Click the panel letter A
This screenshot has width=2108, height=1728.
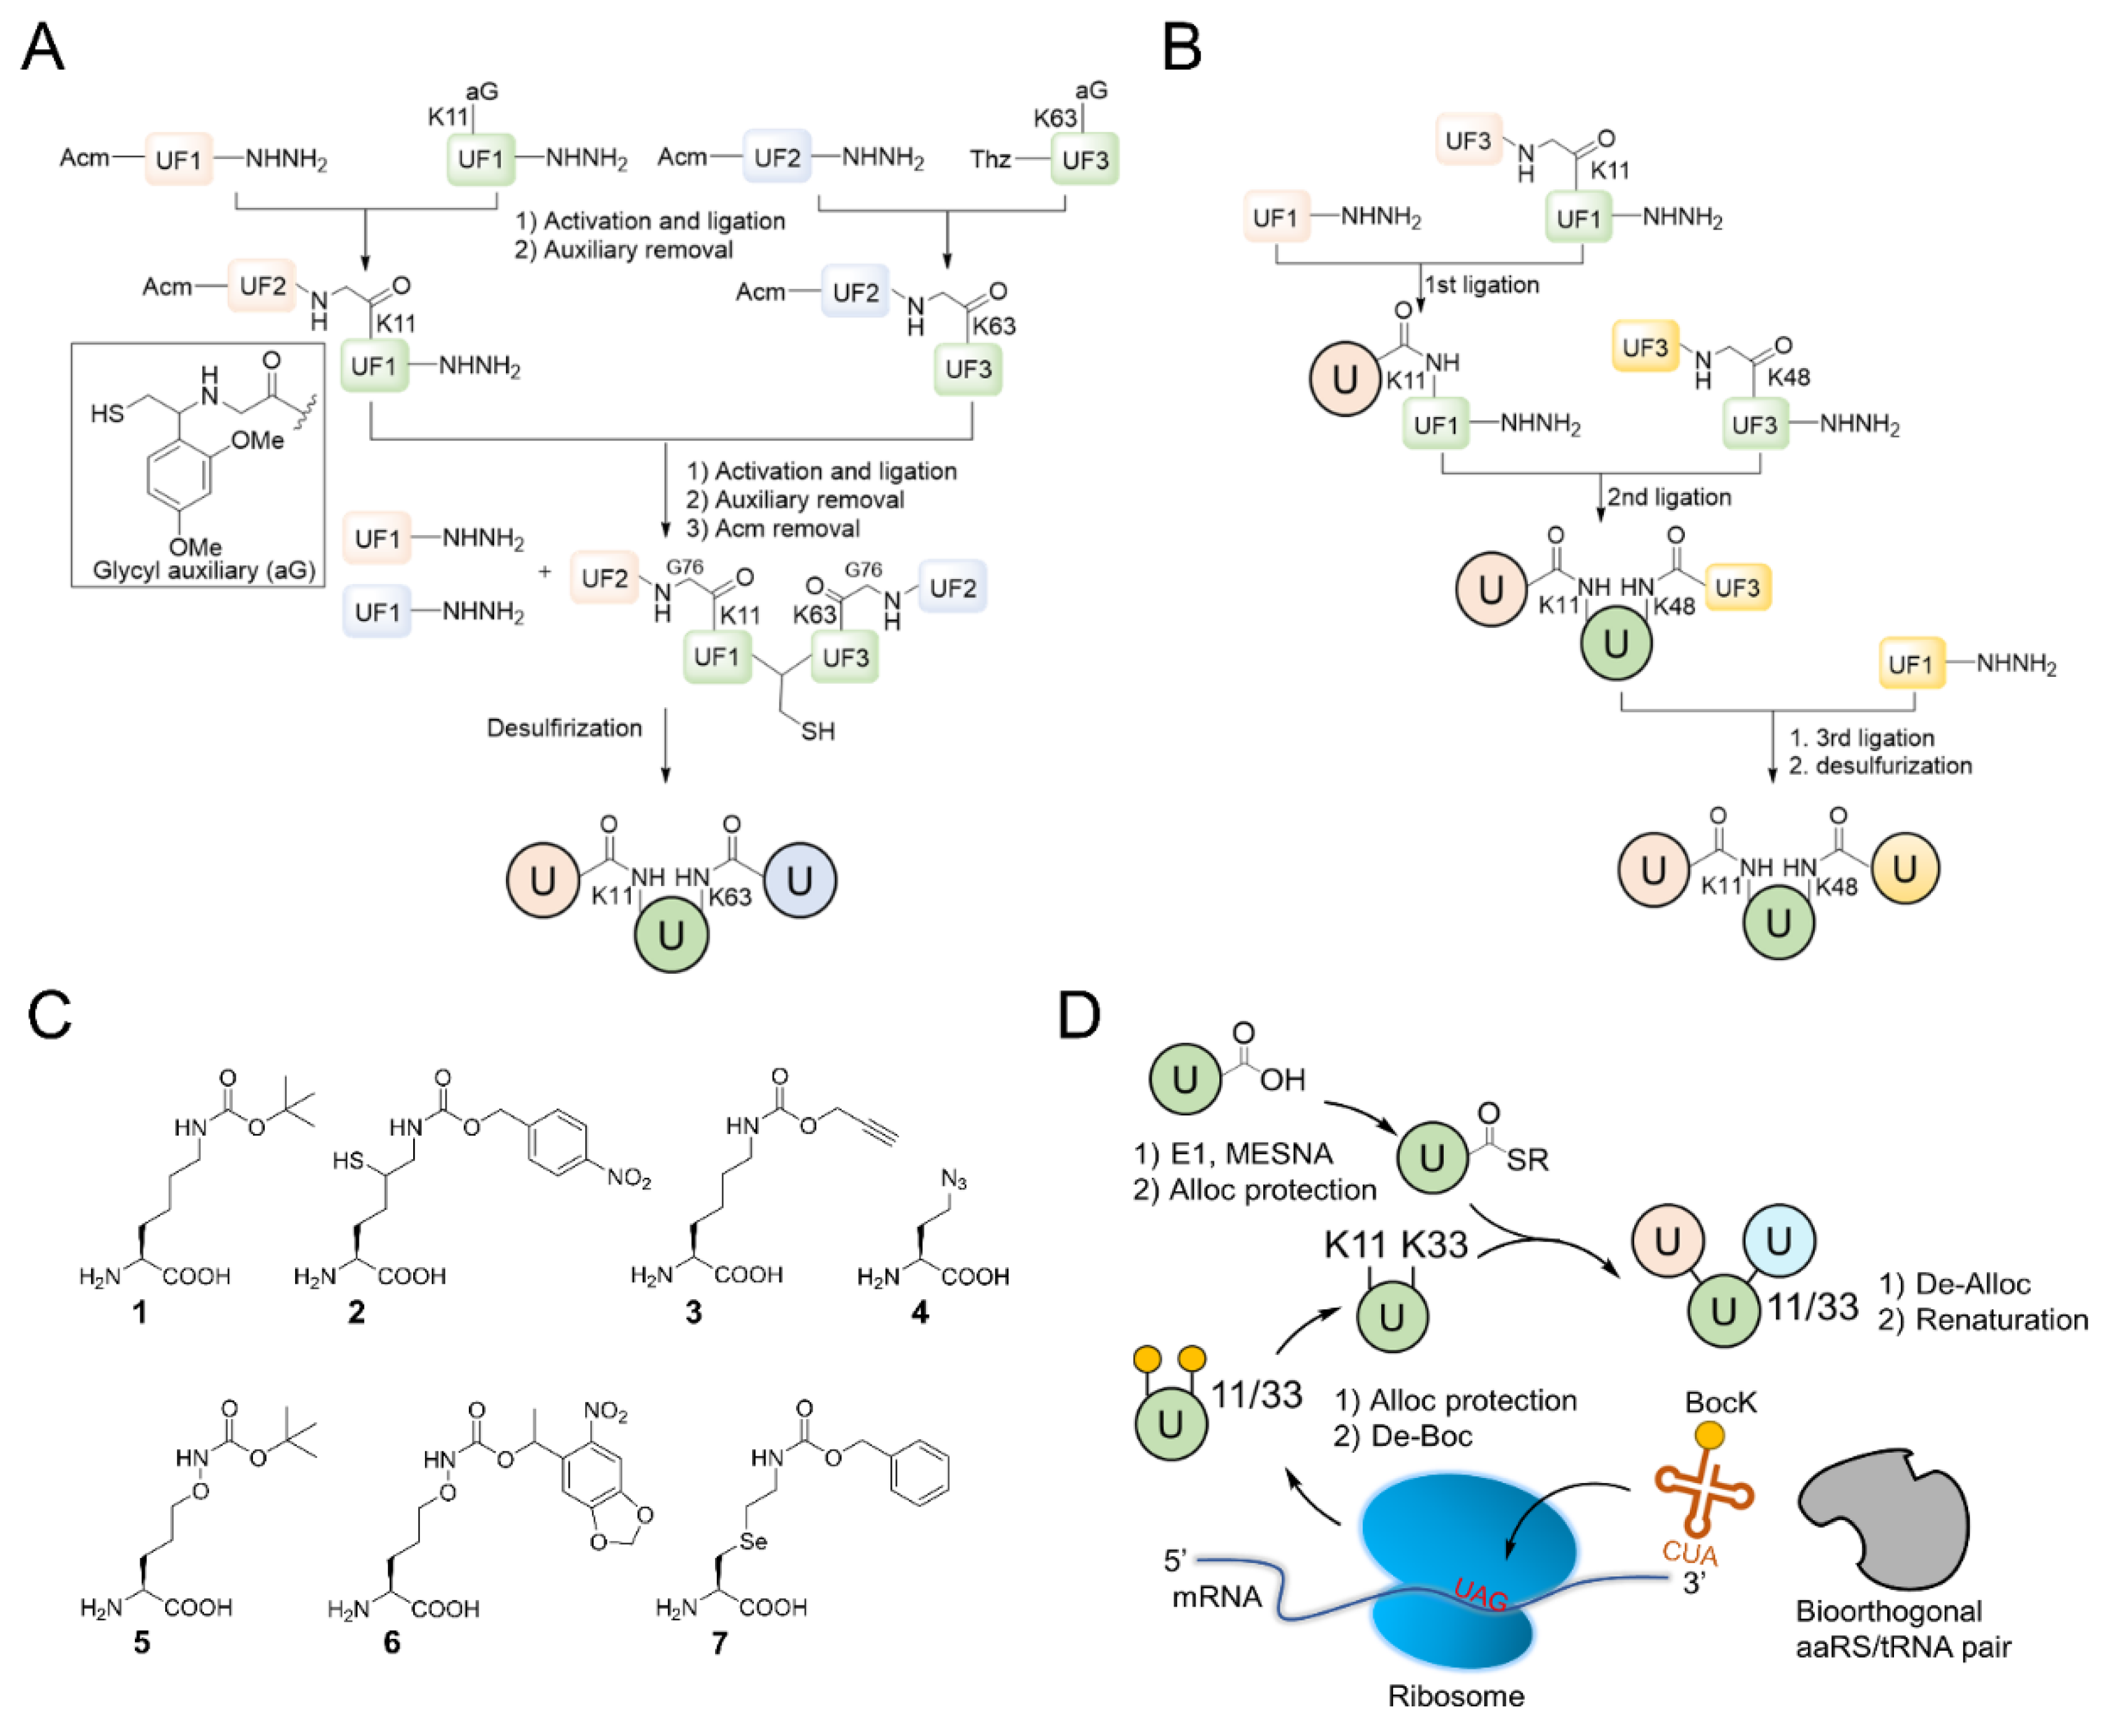(x=42, y=47)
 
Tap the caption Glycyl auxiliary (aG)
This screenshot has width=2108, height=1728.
(x=204, y=570)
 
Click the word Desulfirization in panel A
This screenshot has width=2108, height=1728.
(x=563, y=728)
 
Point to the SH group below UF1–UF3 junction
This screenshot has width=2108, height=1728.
(x=817, y=732)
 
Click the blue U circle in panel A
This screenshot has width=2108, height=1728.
(x=799, y=880)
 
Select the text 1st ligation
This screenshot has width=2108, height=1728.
(x=1482, y=285)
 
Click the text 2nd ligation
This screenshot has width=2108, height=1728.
(x=1669, y=497)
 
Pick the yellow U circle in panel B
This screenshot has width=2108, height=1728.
(x=1904, y=868)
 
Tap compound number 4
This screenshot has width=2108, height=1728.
(x=920, y=1313)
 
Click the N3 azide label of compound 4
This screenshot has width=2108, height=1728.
(x=953, y=1180)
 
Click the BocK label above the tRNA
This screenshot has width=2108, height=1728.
(x=1721, y=1403)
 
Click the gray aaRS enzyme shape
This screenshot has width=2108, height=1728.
(x=1881, y=1521)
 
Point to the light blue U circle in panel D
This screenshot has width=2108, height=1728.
(x=1778, y=1240)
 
